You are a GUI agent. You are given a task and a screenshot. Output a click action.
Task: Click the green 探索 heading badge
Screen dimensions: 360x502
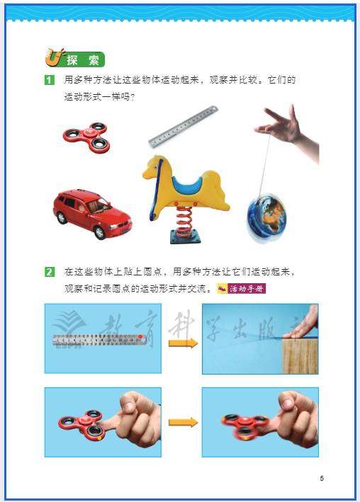click(x=76, y=58)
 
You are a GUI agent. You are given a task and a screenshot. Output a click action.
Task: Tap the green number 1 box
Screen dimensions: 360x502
click(x=50, y=80)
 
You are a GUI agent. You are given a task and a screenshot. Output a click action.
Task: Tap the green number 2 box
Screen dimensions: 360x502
click(x=50, y=272)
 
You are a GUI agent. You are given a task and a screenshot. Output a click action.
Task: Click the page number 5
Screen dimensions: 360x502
click(x=322, y=479)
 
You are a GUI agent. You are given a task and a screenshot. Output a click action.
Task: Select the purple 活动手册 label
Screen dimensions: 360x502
click(x=242, y=288)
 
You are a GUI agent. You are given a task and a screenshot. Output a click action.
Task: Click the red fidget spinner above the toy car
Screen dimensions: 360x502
click(x=86, y=137)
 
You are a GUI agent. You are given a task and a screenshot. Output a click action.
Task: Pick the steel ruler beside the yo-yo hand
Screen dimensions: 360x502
click(x=183, y=127)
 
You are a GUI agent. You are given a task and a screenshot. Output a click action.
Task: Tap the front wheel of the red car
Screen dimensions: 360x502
click(x=100, y=232)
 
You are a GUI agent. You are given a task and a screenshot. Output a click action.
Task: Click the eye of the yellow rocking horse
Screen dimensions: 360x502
click(x=156, y=167)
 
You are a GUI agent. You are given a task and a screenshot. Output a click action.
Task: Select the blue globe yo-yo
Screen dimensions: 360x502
click(x=266, y=217)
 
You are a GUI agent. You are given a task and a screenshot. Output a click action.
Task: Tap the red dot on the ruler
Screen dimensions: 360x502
click(x=140, y=337)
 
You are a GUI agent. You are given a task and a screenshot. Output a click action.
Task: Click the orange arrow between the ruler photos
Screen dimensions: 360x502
click(x=184, y=343)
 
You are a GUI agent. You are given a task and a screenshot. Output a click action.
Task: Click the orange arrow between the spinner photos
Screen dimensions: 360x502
click(x=184, y=422)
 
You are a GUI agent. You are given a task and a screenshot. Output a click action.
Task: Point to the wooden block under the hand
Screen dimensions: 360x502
click(x=300, y=356)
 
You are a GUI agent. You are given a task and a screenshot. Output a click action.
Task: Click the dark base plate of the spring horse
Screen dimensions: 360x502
click(x=186, y=237)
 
